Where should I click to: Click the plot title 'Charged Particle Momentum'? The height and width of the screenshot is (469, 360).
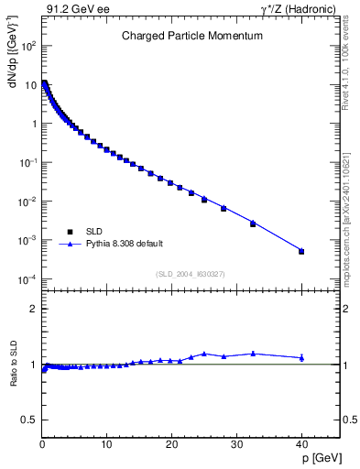click(192, 36)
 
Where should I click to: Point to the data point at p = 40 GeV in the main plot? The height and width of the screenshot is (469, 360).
click(301, 251)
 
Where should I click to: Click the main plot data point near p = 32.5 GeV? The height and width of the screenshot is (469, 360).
click(253, 223)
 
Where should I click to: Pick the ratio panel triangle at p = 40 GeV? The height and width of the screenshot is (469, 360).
click(301, 357)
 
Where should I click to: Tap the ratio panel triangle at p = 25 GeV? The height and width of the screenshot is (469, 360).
click(204, 353)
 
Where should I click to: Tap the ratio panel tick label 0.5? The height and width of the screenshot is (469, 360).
click(28, 420)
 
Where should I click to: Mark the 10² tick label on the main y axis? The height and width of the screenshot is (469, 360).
click(28, 45)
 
